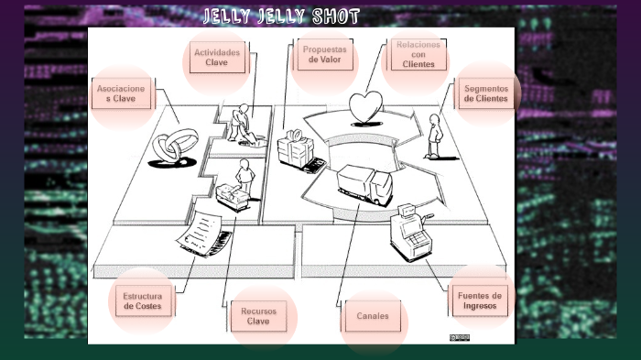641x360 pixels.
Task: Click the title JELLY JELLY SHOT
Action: click(280, 16)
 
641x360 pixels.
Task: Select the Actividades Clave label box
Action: click(216, 59)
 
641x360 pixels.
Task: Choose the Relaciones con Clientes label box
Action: click(418, 55)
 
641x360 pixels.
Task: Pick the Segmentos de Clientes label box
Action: click(485, 93)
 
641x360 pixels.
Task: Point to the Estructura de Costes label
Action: click(142, 300)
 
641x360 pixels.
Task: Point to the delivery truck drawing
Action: click(363, 183)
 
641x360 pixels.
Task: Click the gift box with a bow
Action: click(297, 147)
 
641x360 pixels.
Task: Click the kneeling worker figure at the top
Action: click(241, 123)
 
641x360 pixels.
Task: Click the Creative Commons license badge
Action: click(460, 338)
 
